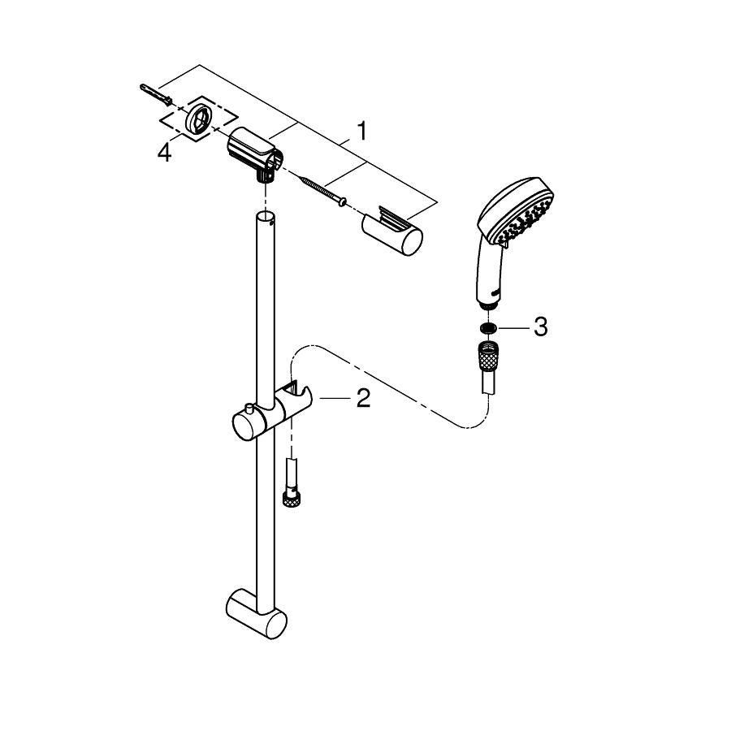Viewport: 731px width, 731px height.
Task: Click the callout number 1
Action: tap(361, 131)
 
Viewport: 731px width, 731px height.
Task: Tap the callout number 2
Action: tap(363, 399)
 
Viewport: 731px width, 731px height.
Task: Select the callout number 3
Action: tap(540, 327)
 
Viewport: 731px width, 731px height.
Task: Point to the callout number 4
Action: tap(165, 153)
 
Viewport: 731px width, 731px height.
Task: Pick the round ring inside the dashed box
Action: tap(200, 119)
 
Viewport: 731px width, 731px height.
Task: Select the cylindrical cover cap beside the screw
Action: tap(391, 230)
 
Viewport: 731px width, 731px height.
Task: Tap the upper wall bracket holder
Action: tap(253, 154)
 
